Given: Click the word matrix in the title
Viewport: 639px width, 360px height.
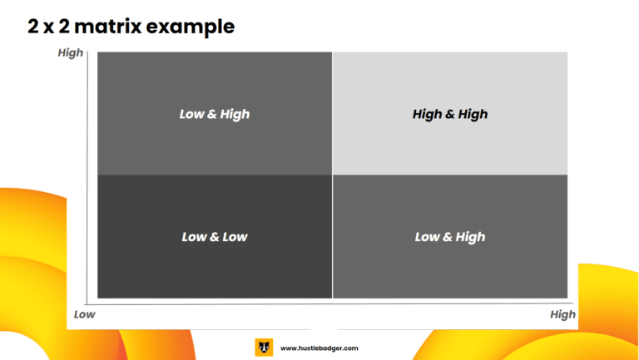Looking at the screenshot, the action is click(108, 27).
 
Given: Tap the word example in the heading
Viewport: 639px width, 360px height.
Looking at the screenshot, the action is click(191, 27).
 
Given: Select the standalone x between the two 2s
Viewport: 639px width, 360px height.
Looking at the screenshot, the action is click(48, 28).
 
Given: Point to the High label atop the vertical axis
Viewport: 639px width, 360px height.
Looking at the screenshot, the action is click(71, 53).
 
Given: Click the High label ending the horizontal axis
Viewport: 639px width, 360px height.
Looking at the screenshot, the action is click(562, 315).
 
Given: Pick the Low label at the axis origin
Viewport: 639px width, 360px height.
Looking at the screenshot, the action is click(84, 314).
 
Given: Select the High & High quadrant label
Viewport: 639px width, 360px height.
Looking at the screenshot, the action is click(450, 115).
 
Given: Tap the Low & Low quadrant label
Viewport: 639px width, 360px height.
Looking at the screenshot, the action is click(215, 237).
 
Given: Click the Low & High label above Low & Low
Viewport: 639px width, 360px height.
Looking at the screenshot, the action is click(215, 115).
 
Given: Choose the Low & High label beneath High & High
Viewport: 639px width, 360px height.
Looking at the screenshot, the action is click(450, 237).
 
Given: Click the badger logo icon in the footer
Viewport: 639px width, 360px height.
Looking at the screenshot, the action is click(264, 348).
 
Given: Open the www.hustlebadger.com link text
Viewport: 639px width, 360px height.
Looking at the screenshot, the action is click(319, 348).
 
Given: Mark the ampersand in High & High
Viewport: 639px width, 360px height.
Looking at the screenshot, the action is click(450, 115).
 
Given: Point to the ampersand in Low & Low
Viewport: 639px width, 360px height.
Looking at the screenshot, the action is click(215, 237).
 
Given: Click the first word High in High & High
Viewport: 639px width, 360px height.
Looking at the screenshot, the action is click(427, 115).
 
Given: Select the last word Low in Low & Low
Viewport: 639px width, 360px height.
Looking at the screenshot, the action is click(235, 237).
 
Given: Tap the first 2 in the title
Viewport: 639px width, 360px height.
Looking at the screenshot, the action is click(33, 27).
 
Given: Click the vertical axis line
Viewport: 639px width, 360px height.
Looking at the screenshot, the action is click(87, 178).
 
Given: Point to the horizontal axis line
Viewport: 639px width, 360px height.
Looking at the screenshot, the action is click(329, 303).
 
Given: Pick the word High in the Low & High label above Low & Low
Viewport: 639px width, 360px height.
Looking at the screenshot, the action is click(235, 115).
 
